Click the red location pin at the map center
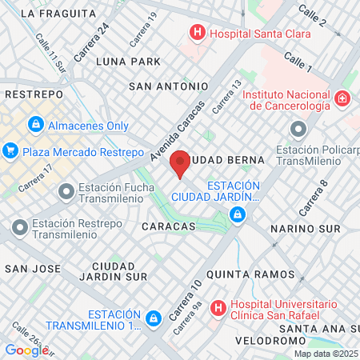[180, 162]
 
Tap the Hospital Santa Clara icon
[196, 33]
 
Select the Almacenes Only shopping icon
[36, 125]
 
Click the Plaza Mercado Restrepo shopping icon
[10, 150]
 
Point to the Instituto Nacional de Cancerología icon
[342, 98]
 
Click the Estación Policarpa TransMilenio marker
[298, 129]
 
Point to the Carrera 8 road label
[314, 198]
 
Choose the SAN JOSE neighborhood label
[29, 269]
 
